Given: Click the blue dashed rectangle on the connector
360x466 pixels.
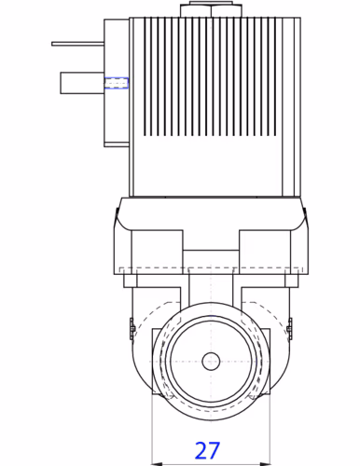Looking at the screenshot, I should click(x=116, y=84).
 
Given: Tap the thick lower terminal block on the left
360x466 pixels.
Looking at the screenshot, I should click(x=80, y=84).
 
